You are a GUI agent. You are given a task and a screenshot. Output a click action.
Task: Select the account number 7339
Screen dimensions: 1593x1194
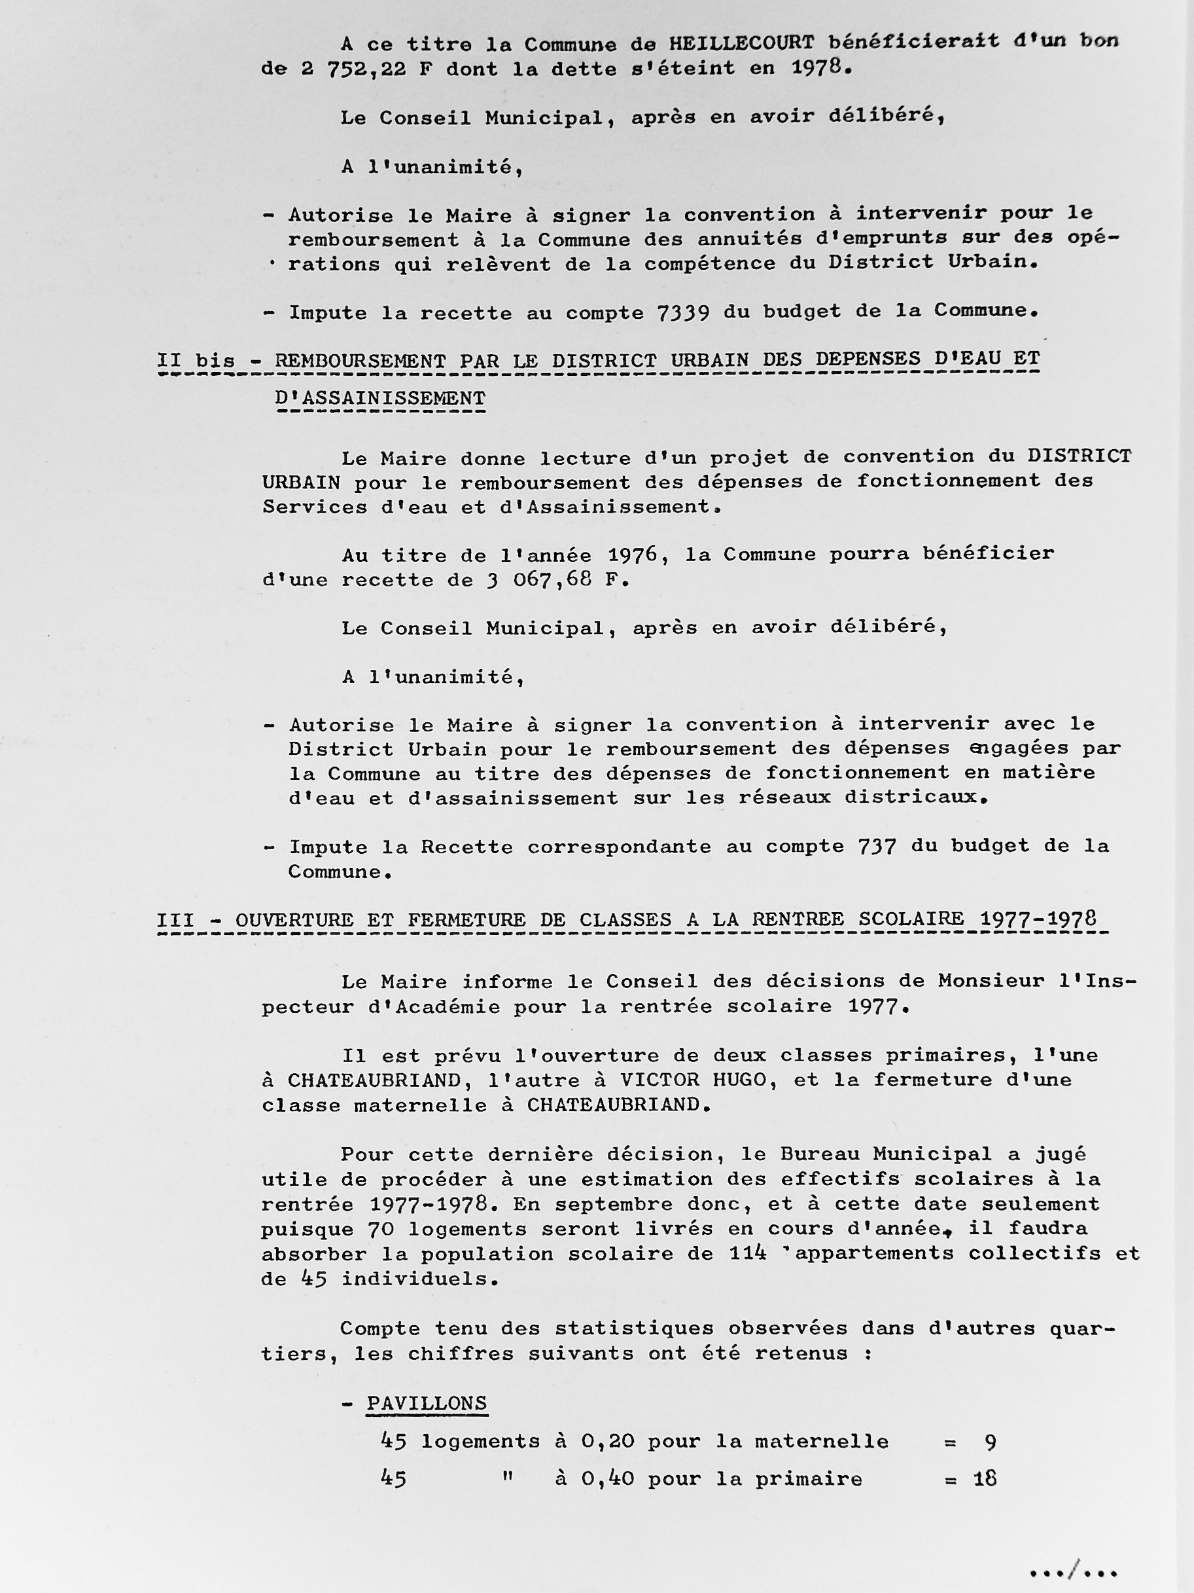coord(683,312)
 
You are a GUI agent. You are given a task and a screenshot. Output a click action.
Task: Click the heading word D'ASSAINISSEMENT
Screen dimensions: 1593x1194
coord(380,398)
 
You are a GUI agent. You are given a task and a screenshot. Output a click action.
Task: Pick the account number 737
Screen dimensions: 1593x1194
coord(877,846)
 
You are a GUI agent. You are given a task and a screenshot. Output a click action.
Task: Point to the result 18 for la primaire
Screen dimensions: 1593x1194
coord(985,1478)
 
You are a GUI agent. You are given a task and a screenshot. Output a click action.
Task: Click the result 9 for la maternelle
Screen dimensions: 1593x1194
coord(991,1441)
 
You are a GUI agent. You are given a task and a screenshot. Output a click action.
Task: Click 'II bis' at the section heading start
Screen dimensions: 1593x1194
coord(196,360)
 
